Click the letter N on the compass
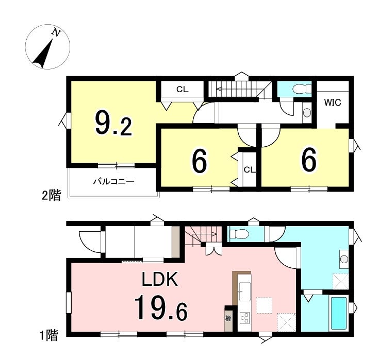(56, 32)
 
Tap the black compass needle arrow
(43, 54)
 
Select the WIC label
(333, 102)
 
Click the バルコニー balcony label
(114, 181)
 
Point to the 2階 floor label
(51, 195)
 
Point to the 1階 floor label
(49, 335)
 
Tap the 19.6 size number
(161, 308)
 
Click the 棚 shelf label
(228, 318)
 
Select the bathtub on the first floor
(338, 314)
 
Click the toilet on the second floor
(302, 89)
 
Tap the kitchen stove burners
(244, 318)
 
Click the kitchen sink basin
(244, 291)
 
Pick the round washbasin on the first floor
(344, 260)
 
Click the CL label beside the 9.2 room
(182, 90)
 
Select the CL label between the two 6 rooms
(250, 170)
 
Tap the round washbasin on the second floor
(307, 112)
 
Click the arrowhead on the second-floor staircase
(219, 89)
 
